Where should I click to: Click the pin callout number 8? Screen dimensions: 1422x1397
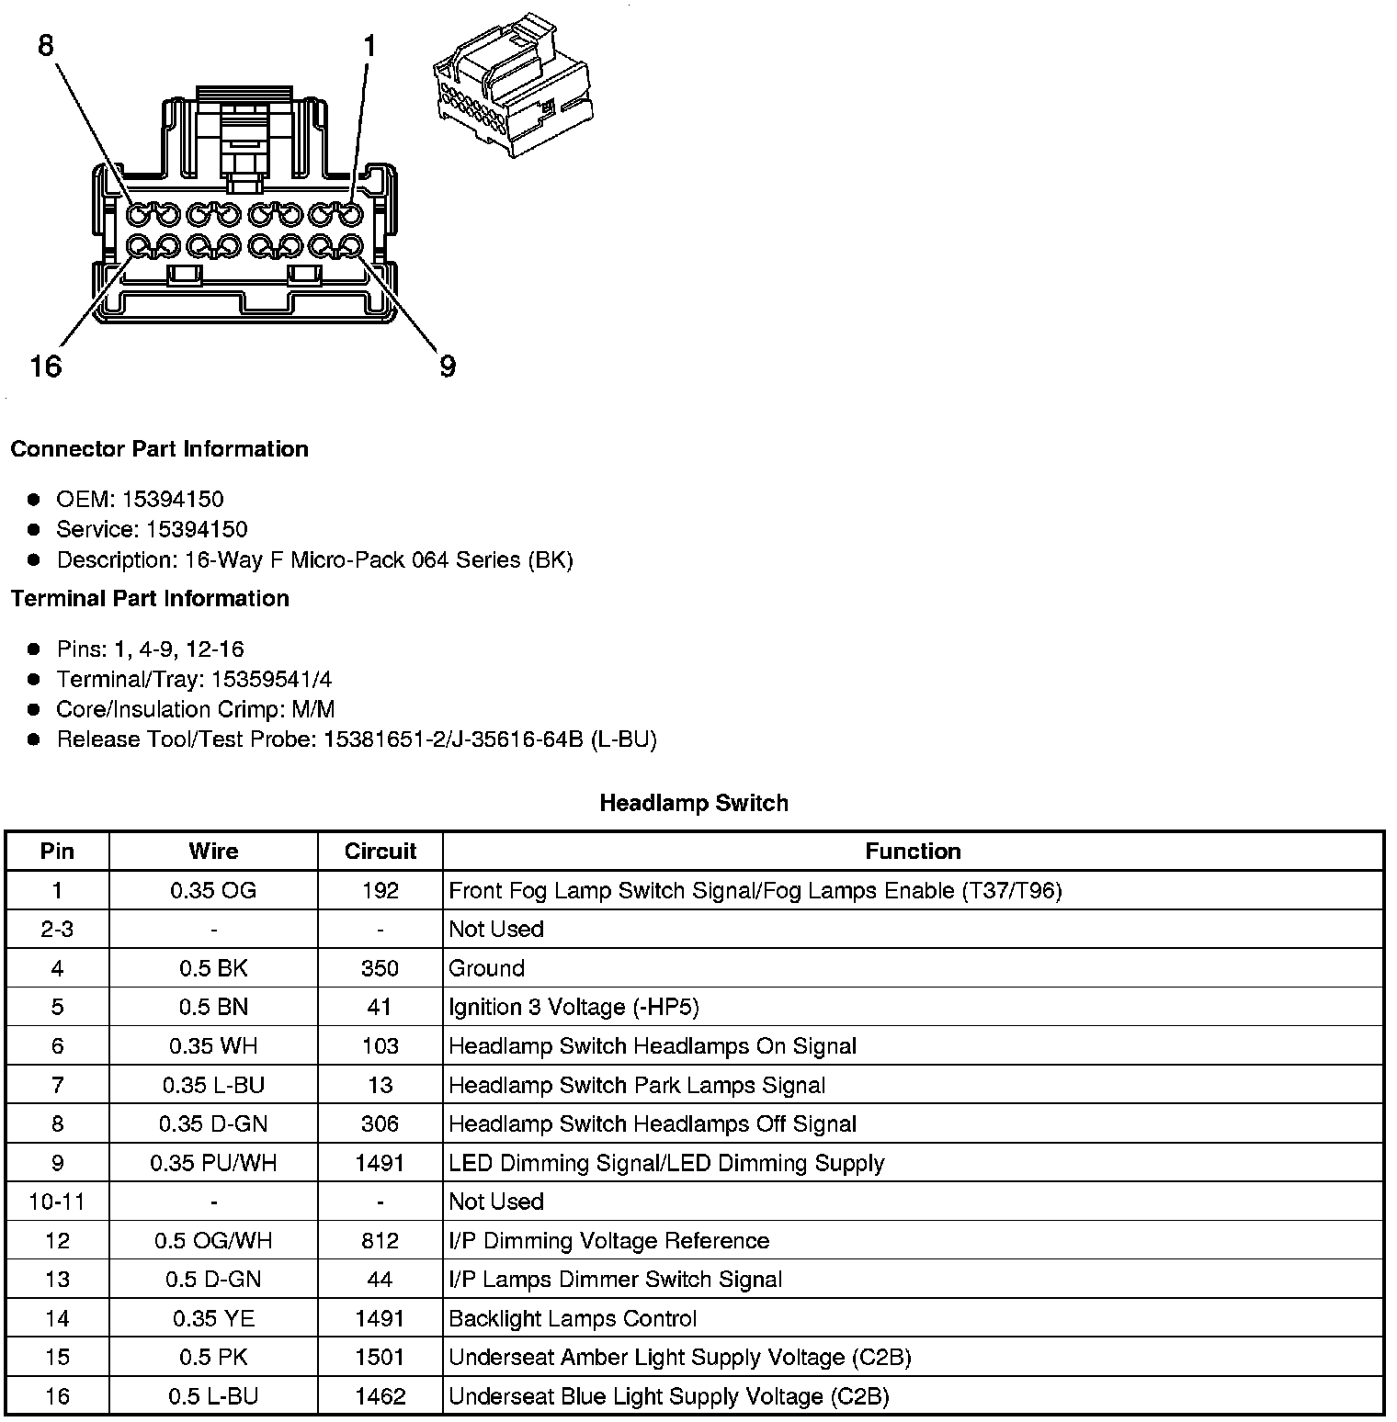(x=46, y=45)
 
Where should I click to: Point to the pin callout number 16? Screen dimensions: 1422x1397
(x=45, y=367)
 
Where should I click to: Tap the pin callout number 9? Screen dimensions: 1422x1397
(x=448, y=367)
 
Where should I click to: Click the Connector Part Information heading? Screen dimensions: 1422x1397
(x=159, y=449)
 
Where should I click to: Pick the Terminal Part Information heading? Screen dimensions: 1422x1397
(x=150, y=599)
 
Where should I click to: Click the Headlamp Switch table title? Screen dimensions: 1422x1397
(x=694, y=803)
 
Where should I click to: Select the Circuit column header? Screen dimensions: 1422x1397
(x=380, y=852)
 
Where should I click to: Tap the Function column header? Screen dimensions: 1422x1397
(x=913, y=852)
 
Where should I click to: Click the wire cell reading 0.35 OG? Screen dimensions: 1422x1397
(x=213, y=890)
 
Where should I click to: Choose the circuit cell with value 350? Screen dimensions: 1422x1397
(x=380, y=968)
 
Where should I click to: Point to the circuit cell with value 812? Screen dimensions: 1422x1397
(x=380, y=1241)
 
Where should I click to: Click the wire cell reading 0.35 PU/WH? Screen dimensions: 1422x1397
(x=213, y=1163)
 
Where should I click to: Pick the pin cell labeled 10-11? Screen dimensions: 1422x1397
(x=57, y=1202)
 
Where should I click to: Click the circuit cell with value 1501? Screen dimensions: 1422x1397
(x=380, y=1358)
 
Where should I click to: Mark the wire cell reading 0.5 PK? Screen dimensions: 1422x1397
(x=213, y=1358)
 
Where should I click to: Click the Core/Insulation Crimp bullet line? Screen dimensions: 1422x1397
(x=195, y=709)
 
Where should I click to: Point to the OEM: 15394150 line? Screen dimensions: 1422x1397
(x=140, y=500)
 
